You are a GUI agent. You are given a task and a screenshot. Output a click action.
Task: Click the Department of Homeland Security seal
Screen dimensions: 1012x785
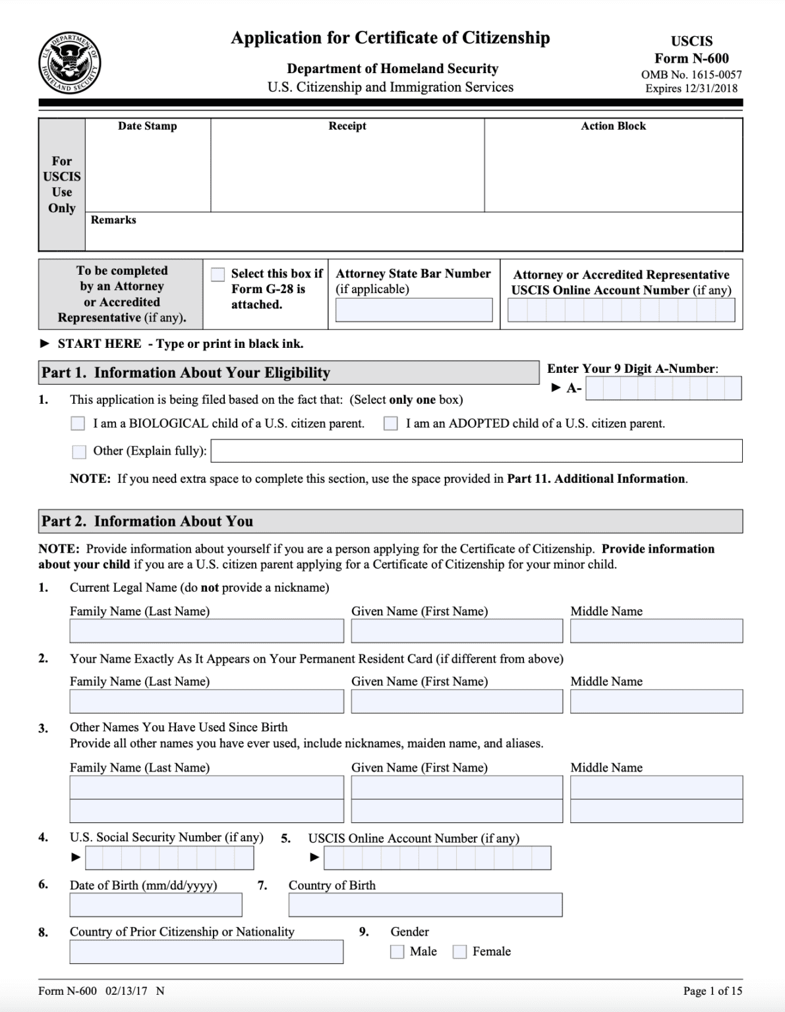69,63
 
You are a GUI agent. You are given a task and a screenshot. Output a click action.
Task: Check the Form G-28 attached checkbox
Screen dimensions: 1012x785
218,275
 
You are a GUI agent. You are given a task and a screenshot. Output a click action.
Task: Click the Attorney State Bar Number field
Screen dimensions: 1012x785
413,310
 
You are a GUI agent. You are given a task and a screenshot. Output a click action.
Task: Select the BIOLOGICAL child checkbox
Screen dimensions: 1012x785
78,424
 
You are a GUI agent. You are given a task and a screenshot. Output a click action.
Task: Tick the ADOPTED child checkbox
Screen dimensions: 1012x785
391,424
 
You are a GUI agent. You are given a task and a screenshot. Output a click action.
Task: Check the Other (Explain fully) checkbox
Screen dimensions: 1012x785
79,451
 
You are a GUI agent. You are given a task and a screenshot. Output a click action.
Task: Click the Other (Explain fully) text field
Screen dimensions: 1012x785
476,451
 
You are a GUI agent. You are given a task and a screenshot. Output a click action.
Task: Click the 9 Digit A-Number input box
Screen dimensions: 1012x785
663,389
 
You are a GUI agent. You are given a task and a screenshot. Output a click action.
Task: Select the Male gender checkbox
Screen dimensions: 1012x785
397,951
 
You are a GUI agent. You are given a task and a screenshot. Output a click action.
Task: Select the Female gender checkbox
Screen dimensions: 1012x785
460,951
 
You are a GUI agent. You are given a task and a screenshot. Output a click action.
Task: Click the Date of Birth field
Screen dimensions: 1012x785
156,905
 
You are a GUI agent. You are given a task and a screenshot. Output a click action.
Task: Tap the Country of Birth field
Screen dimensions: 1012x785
425,905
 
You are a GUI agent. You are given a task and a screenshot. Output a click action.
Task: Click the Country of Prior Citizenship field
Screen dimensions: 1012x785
206,952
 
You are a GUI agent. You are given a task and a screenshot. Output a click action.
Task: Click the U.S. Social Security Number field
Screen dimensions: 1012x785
169,858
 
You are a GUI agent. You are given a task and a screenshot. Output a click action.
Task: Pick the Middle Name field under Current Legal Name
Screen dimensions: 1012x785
656,631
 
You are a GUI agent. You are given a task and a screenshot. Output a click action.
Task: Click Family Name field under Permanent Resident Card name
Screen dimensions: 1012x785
206,702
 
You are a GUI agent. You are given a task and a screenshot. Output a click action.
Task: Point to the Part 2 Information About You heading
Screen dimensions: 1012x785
148,521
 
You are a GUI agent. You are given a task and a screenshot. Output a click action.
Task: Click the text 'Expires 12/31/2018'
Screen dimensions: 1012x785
691,88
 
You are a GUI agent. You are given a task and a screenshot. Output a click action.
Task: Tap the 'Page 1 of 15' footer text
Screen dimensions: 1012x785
712,991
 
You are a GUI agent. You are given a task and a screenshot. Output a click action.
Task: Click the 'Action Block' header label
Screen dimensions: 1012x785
613,126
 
